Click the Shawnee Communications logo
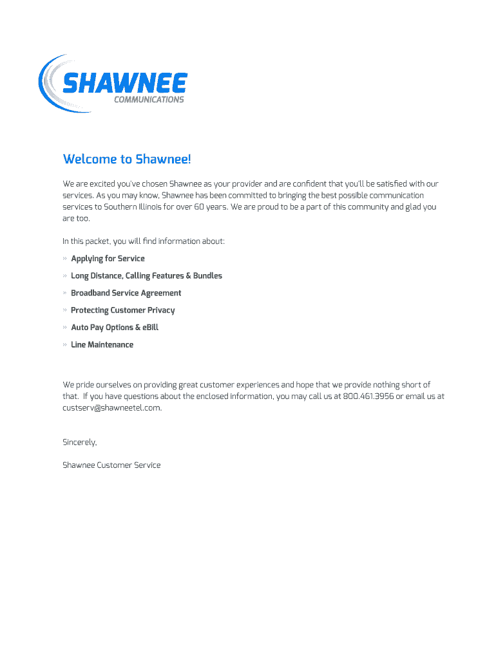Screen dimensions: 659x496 click(113, 84)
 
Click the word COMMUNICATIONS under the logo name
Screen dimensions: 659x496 click(149, 100)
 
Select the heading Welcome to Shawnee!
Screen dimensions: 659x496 click(127, 159)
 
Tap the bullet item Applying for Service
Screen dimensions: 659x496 click(108, 259)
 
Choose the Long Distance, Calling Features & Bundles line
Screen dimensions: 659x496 click(146, 276)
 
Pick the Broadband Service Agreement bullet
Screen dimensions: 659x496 click(126, 293)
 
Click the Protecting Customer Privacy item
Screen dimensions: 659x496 click(122, 310)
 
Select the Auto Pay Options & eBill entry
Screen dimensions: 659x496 click(114, 328)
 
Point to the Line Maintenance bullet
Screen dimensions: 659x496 click(102, 345)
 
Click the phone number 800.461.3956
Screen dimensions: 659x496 click(368, 396)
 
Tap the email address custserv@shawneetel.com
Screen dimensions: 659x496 click(111, 408)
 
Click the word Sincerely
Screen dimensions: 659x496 click(79, 442)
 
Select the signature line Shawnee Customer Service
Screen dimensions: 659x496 click(111, 465)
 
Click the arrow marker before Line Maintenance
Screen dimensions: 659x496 click(65, 345)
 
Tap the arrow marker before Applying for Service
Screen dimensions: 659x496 click(65, 259)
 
